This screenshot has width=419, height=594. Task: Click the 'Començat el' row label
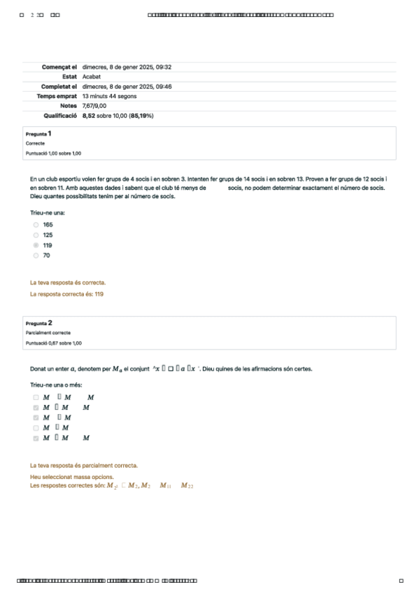click(x=59, y=67)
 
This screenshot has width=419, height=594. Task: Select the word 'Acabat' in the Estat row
click(x=92, y=76)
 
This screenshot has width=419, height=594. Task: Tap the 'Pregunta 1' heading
click(x=38, y=133)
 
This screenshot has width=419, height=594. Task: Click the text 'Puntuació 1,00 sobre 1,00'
click(x=53, y=153)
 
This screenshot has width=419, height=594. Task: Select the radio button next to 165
click(x=36, y=225)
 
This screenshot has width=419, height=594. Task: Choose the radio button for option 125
click(x=36, y=235)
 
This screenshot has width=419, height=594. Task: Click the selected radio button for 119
click(x=36, y=246)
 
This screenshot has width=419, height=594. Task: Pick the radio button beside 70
click(x=36, y=256)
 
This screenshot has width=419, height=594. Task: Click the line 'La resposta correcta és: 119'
click(x=67, y=294)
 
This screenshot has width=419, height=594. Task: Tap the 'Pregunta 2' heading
click(x=39, y=323)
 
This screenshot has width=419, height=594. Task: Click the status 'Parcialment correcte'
click(x=48, y=333)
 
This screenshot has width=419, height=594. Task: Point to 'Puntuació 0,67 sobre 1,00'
click(x=53, y=343)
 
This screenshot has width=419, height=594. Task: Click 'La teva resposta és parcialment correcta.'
click(x=84, y=465)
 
